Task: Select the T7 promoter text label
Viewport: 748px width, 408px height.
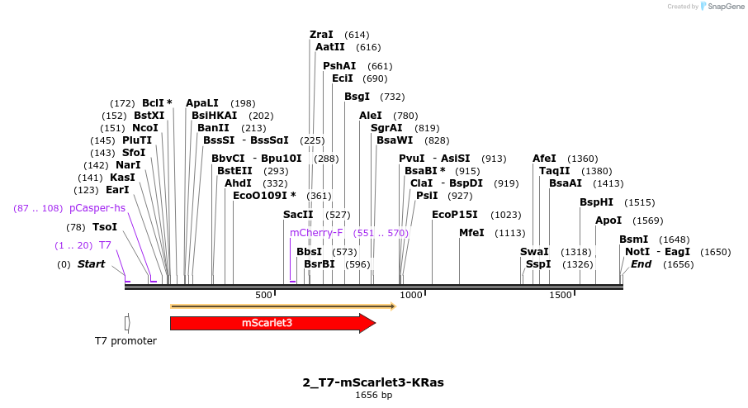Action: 125,341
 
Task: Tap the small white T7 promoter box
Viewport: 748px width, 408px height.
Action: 126,323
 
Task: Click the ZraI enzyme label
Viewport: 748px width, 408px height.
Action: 321,35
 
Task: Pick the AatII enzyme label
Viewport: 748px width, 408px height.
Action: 329,48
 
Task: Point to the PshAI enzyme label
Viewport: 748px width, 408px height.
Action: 339,66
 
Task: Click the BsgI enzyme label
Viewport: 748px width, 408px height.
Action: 357,97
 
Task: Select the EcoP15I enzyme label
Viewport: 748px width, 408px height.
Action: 455,215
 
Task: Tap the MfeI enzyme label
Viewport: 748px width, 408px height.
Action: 471,233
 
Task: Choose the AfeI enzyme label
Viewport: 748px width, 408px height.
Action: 544,159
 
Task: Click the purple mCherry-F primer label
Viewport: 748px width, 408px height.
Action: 316,233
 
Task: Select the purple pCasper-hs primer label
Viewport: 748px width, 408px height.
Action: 97,208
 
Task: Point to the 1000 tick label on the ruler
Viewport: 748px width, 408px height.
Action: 410,295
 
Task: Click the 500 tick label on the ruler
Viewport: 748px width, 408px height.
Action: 263,295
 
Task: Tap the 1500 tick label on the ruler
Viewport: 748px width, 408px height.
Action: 560,295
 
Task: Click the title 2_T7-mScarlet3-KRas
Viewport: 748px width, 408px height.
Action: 373,382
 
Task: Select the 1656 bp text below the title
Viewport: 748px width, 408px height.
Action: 373,396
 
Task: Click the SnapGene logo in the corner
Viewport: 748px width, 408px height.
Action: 718,7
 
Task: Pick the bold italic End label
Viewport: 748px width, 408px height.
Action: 641,264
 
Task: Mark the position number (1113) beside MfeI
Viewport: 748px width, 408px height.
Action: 510,233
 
